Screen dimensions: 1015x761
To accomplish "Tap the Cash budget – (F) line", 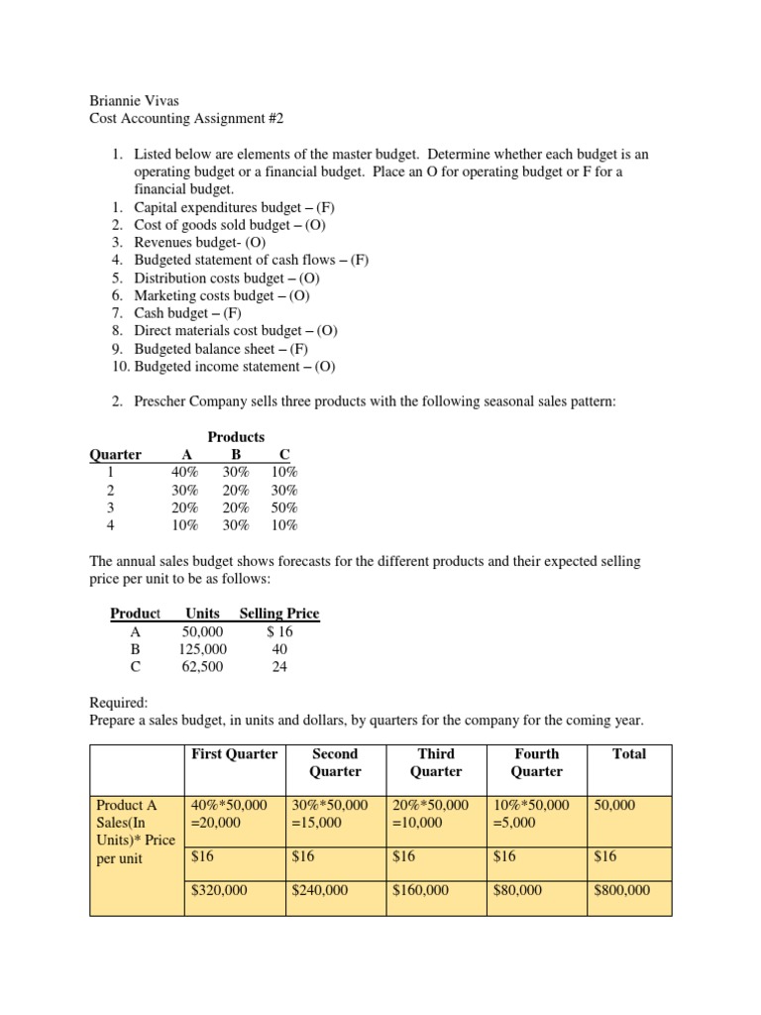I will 203,312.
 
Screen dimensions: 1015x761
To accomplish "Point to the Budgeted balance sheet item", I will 222,348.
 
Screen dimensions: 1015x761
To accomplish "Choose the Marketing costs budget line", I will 223,295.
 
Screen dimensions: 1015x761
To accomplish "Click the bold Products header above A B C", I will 236,437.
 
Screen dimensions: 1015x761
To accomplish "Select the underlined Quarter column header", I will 115,455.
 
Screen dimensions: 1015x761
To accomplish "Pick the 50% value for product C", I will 283,507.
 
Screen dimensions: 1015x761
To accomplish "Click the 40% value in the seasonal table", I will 185,473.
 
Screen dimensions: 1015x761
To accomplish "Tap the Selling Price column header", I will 279,614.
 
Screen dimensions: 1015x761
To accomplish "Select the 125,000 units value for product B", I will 202,649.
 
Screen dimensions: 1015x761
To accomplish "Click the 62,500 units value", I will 202,667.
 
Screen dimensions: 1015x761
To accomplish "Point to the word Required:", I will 118,702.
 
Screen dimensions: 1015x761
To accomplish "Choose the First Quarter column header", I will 235,754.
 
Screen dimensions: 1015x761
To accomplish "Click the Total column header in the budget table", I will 628,754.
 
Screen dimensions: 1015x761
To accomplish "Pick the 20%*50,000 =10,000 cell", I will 429,815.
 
